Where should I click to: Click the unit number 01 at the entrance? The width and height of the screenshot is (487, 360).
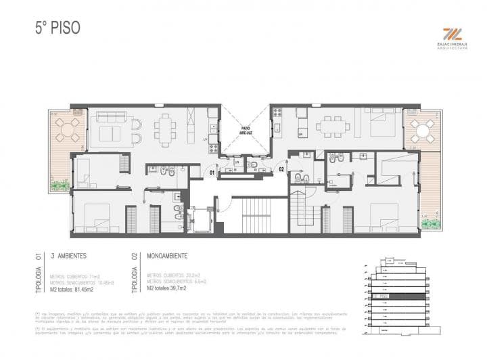(212, 173)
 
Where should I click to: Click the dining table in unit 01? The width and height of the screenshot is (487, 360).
(165, 127)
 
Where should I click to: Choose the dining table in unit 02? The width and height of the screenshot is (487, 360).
(331, 126)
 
